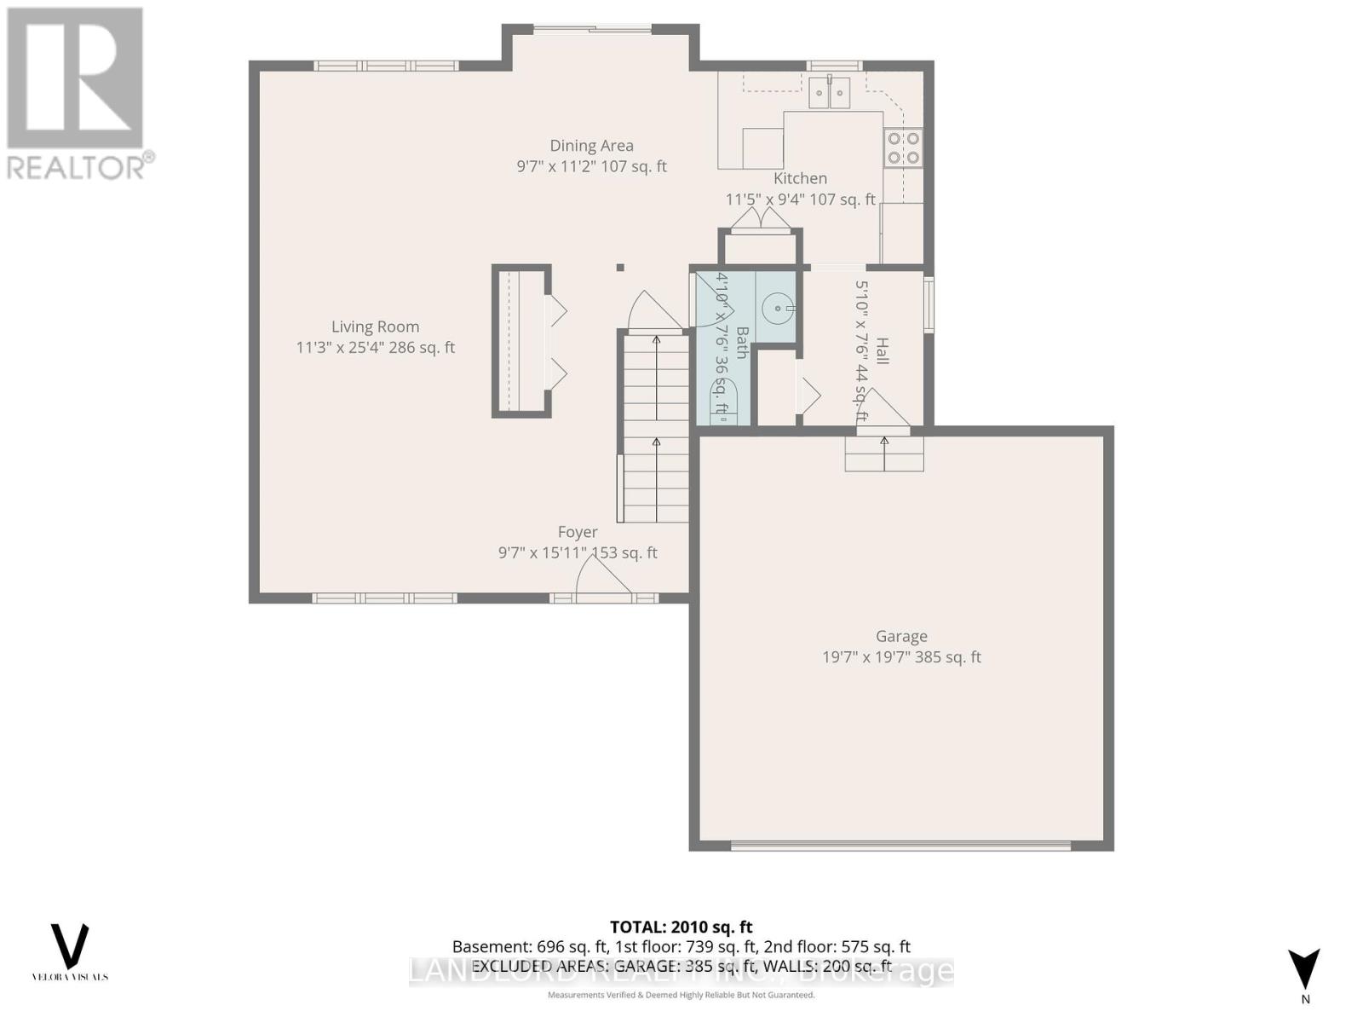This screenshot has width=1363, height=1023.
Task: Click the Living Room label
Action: pyautogui.click(x=375, y=327)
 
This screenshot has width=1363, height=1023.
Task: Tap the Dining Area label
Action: pyautogui.click(x=591, y=146)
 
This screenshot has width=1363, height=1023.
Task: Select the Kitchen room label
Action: pyautogui.click(x=800, y=178)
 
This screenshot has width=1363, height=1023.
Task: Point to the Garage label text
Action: pyautogui.click(x=901, y=636)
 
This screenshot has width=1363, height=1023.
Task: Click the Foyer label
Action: pyautogui.click(x=578, y=532)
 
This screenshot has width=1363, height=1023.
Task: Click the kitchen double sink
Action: pyautogui.click(x=829, y=91)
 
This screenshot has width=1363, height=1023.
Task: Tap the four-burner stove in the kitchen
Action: pyautogui.click(x=903, y=147)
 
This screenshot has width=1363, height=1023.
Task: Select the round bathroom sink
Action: pyautogui.click(x=778, y=309)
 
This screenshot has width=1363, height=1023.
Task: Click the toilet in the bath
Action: pyautogui.click(x=723, y=402)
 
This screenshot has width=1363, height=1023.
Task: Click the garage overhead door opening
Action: pyautogui.click(x=900, y=846)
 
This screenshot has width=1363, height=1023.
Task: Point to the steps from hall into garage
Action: pyautogui.click(x=884, y=454)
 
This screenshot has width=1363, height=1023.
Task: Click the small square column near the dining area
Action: pyautogui.click(x=620, y=268)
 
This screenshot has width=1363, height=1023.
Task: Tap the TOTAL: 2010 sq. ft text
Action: pyautogui.click(x=681, y=927)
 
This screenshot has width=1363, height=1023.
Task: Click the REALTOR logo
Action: pyautogui.click(x=78, y=94)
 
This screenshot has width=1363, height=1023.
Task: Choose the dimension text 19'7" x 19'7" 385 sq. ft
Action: pyautogui.click(x=901, y=657)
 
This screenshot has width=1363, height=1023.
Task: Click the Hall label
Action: pyautogui.click(x=883, y=351)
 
